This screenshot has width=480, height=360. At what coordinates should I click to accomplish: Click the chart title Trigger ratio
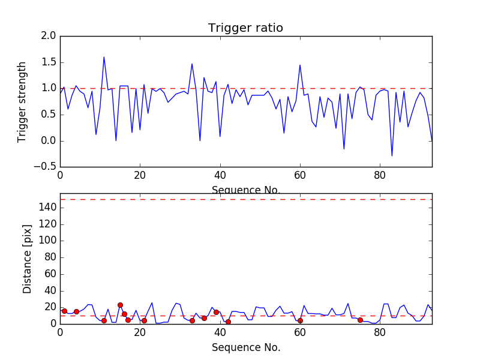245,28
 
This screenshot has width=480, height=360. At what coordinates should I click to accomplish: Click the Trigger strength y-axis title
22,101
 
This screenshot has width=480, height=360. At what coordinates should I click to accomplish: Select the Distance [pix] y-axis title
27,259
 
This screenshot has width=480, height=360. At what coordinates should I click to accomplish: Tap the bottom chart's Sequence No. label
245,347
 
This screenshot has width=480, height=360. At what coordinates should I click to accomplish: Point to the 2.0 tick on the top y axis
49,36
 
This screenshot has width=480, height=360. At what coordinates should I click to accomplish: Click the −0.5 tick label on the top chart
46,167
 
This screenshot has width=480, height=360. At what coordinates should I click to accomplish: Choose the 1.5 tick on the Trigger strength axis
49,62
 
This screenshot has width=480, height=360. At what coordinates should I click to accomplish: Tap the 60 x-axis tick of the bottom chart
300,331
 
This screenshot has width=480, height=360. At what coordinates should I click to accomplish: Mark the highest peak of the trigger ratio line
104,57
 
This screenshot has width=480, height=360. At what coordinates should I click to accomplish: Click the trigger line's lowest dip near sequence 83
392,156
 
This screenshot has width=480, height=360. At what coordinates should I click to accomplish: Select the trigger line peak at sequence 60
300,65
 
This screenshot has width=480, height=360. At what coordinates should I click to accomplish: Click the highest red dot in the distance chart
120,305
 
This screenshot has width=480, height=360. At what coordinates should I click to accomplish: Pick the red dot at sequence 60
300,320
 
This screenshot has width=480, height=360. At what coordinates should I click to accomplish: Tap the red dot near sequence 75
360,320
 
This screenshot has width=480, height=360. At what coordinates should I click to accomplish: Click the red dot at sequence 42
228,322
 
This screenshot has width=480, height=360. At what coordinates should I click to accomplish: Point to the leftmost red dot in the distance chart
64,311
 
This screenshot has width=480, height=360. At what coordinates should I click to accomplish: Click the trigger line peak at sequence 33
192,64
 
